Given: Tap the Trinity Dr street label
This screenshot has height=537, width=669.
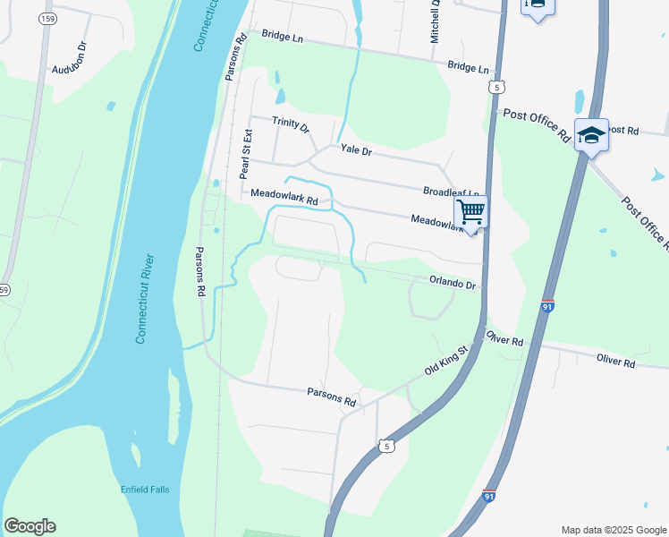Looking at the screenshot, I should pyautogui.click(x=291, y=125).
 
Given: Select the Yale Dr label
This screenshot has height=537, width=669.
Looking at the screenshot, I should pyautogui.click(x=354, y=151).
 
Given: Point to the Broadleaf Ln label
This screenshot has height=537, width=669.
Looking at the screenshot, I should pyautogui.click(x=452, y=192).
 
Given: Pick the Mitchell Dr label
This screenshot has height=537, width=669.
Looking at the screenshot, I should pyautogui.click(x=436, y=22).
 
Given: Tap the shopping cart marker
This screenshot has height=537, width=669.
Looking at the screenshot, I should pyautogui.click(x=470, y=212).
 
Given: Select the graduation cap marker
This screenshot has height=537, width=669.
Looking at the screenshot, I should pyautogui.click(x=591, y=134).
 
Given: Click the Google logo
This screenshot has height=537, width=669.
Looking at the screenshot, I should pyautogui.click(x=30, y=526).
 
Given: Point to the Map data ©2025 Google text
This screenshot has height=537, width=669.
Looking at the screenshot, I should pyautogui.click(x=613, y=530).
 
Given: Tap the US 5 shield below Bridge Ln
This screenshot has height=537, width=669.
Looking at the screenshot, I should pyautogui.click(x=497, y=86).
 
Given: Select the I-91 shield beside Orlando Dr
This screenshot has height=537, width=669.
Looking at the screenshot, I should pyautogui.click(x=547, y=306).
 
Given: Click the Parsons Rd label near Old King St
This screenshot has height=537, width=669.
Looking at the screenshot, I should pyautogui.click(x=331, y=396).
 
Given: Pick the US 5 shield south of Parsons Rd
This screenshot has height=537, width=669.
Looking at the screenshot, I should pyautogui.click(x=385, y=445).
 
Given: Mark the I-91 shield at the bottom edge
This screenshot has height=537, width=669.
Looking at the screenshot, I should pyautogui.click(x=488, y=495).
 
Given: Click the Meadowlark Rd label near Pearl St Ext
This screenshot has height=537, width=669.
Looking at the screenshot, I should pyautogui.click(x=284, y=198).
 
